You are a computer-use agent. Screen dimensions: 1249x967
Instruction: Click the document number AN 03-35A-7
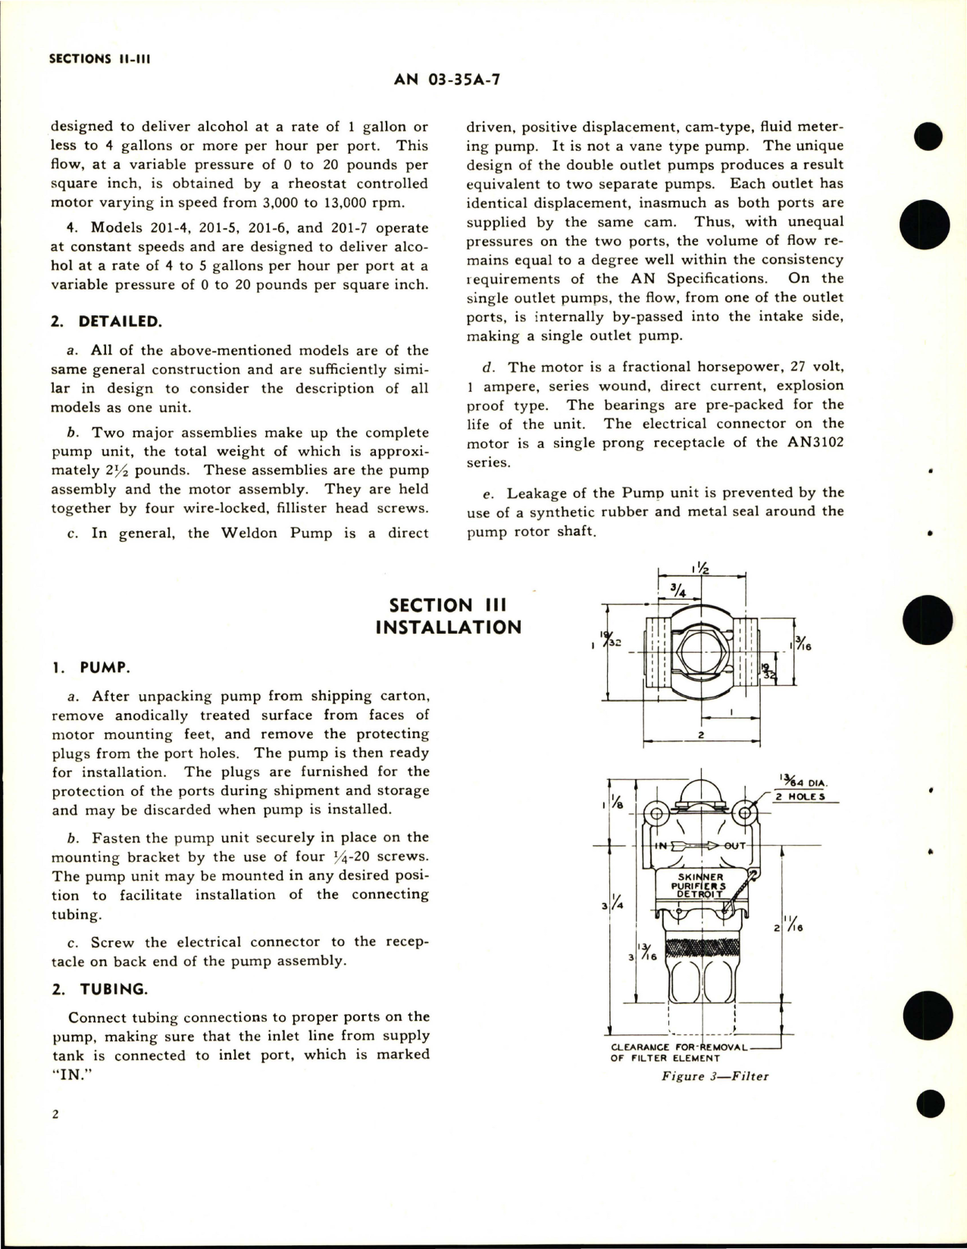tap(447, 80)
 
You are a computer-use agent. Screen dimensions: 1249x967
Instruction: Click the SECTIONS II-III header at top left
tap(99, 58)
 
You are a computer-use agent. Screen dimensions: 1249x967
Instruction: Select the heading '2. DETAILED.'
tap(105, 321)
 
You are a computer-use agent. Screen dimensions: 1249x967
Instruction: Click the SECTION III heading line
tap(447, 605)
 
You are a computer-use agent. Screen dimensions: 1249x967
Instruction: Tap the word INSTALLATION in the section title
tap(448, 628)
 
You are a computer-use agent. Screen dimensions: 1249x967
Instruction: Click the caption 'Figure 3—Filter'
tap(715, 1076)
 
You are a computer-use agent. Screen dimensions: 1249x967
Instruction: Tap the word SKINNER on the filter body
tap(701, 877)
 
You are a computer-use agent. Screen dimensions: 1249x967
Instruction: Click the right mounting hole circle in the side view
tap(745, 815)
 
